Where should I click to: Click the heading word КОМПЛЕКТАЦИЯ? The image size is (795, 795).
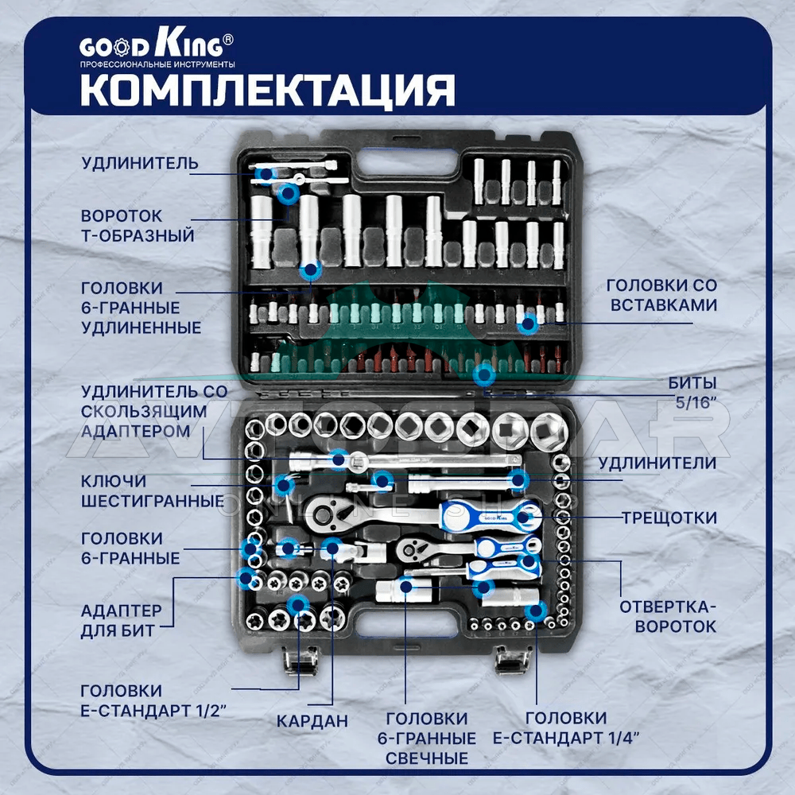coord(267,91)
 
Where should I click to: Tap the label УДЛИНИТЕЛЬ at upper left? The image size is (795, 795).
coord(140,163)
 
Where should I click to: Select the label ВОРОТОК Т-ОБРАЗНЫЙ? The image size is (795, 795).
coord(138,226)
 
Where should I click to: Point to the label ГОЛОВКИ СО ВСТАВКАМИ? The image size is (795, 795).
coord(663,295)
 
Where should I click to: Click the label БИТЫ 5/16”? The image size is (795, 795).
coord(692,393)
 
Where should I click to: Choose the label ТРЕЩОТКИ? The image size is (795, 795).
coord(669,518)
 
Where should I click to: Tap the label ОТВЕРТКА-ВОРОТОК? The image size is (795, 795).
coord(668,617)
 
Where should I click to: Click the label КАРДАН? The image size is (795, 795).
coord(312,720)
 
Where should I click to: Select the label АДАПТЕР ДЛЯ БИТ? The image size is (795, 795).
coord(121,621)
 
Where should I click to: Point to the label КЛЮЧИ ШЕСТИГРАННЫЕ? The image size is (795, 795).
coord(152,491)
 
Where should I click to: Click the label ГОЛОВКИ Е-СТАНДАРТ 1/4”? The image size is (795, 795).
coord(566,727)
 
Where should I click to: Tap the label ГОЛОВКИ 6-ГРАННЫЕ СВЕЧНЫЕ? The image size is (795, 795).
coord(427,739)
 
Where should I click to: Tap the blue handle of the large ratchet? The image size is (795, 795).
coord(490,516)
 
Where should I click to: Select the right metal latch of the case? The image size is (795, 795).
coord(513,660)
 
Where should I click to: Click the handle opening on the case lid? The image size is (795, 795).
coord(407,163)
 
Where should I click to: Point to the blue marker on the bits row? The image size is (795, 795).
coord(484,375)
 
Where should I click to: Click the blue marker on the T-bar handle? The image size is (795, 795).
coord(289,193)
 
